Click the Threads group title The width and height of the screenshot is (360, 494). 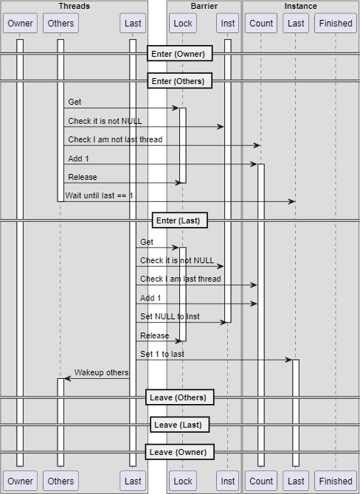pyautogui.click(x=74, y=6)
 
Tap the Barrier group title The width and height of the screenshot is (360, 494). pyautogui.click(x=204, y=6)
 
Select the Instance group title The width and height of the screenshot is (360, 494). pyautogui.click(x=300, y=6)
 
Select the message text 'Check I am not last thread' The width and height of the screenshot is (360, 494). pyautogui.click(x=115, y=139)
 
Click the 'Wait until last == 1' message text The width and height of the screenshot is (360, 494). pyautogui.click(x=99, y=195)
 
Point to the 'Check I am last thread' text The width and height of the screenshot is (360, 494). pyautogui.click(x=180, y=279)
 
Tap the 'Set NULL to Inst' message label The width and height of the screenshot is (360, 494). pyautogui.click(x=170, y=316)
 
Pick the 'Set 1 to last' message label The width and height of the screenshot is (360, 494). pyautogui.click(x=162, y=354)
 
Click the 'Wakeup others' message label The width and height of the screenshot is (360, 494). pyautogui.click(x=101, y=372)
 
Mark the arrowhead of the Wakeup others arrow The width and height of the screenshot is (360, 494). pyautogui.click(x=67, y=378)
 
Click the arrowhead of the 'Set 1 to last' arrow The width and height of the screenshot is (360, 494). pyautogui.click(x=288, y=360)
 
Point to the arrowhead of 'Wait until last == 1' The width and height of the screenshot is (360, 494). pyautogui.click(x=292, y=201)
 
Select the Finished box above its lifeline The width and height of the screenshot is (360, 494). pyautogui.click(x=336, y=23)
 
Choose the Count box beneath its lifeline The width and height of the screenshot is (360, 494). pyautogui.click(x=261, y=481)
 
